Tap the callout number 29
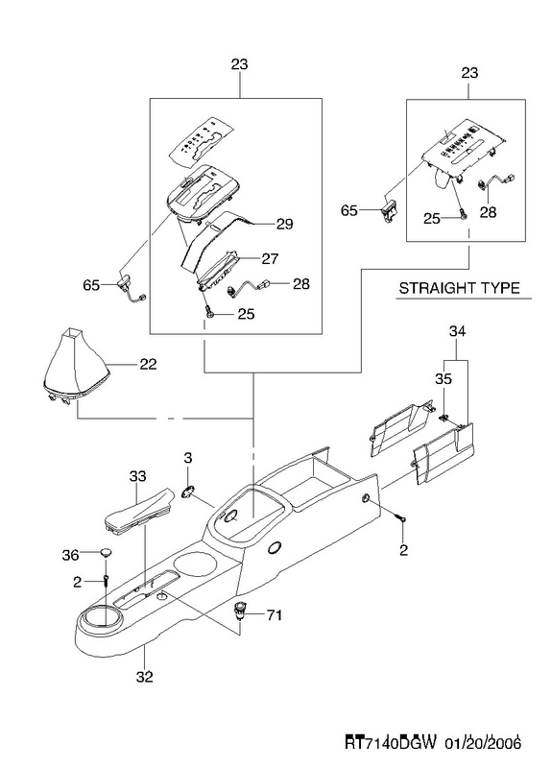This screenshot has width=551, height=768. pos(284,224)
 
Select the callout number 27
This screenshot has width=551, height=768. pos(270,258)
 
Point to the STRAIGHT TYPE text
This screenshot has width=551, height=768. pos(459,287)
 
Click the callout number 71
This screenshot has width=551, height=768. pos(274,614)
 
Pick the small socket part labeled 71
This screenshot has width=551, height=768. pos(240,612)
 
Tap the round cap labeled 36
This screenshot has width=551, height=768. pos(106,554)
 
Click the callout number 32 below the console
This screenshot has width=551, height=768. pos(145,677)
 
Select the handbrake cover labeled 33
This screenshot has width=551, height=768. pos(138,511)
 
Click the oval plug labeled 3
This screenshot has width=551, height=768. pos(187,491)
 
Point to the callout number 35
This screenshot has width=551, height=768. pos(443,378)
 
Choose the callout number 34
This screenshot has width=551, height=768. pos(457,331)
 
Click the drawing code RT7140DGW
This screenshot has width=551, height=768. pos(391,743)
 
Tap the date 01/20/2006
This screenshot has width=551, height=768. pos(483,743)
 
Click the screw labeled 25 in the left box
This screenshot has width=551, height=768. pos(209,311)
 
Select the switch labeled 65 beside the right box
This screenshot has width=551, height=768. pos(389,209)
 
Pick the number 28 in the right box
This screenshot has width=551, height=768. pos(488,212)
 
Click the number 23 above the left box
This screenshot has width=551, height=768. pos(239,64)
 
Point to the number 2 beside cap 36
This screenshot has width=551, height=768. pos(77,582)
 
